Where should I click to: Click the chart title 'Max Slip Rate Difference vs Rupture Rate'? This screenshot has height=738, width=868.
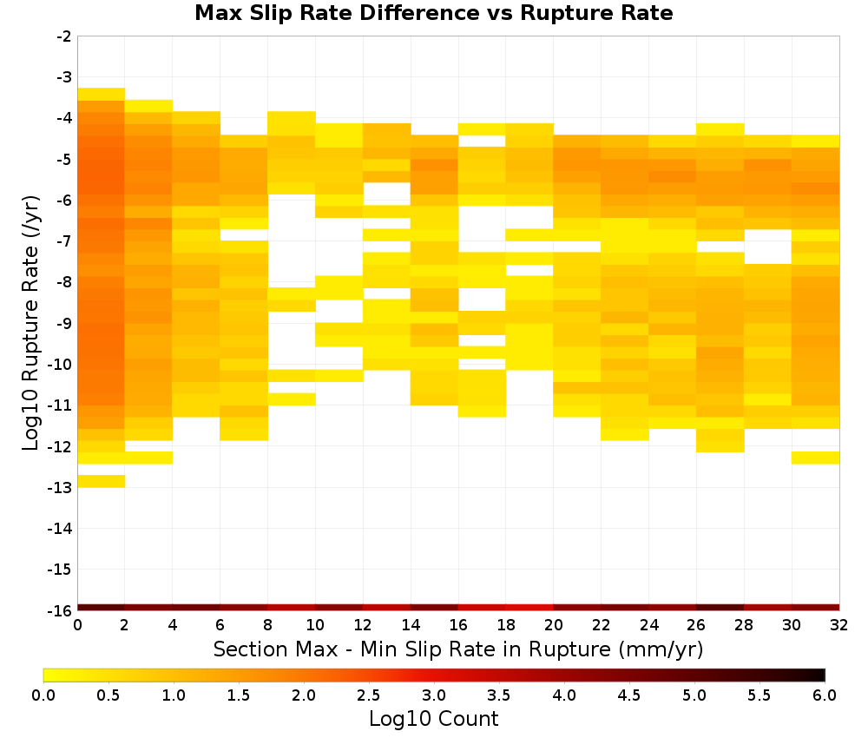coord(433,13)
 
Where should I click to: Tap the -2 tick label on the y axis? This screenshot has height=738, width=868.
coord(64,36)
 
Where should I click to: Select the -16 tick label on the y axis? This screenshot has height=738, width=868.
coord(61,610)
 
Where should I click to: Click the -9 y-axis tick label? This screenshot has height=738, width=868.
coord(64,324)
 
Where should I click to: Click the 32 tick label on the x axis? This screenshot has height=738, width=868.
coord(839,625)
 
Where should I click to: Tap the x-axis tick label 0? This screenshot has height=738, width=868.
coord(77,625)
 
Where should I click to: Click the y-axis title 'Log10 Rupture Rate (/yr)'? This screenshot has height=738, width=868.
coord(30,322)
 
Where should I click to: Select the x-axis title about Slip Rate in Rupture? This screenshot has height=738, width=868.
coord(458,649)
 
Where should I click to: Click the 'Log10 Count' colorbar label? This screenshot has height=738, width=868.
coord(433,719)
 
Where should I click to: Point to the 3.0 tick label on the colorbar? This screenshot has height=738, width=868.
coord(434,695)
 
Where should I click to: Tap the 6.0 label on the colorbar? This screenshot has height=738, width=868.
coord(825,695)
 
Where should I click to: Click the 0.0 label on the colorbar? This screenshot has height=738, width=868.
coord(43,695)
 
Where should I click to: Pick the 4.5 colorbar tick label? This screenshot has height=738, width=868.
coord(629,695)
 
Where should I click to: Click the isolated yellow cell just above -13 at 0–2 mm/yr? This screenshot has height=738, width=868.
coord(102,481)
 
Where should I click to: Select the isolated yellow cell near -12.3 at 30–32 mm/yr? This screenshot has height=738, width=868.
coord(815,458)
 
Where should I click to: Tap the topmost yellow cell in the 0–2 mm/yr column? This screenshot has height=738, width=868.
coord(102,94)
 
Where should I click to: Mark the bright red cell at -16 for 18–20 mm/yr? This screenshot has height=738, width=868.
coord(529,608)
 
